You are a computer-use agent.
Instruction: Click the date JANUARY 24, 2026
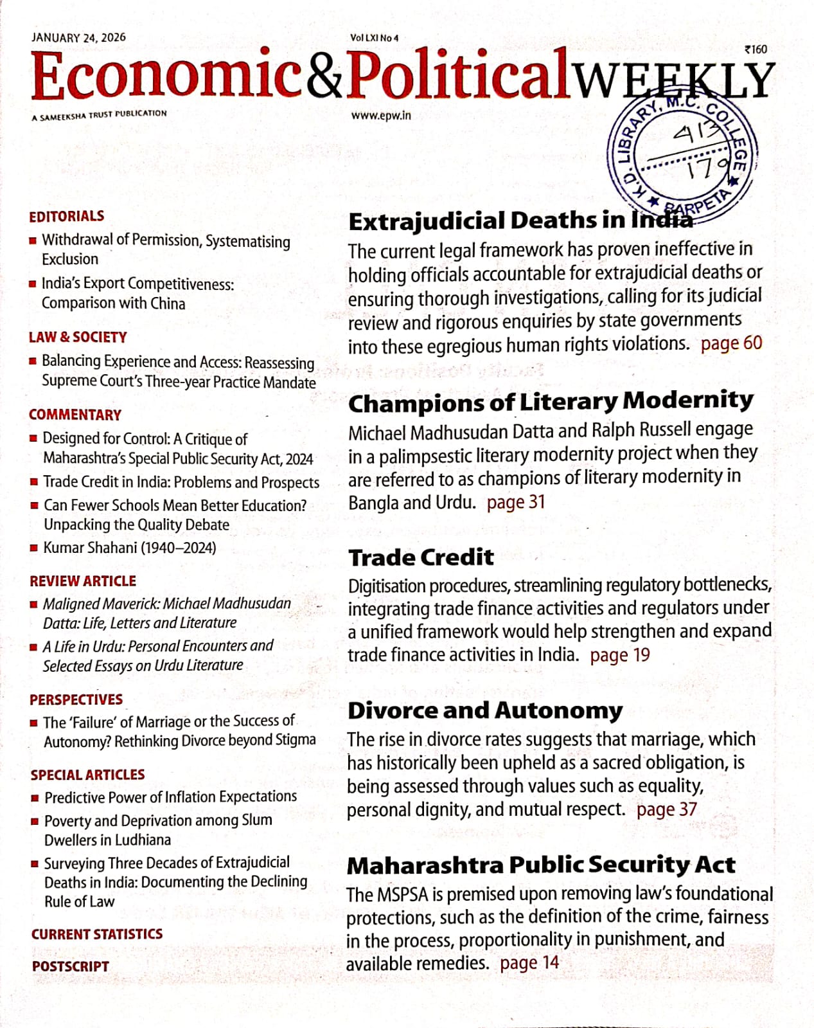click(78, 37)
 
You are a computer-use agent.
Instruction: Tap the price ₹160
click(756, 50)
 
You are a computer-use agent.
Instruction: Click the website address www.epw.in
click(381, 116)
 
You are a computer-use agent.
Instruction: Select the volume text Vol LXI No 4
click(374, 38)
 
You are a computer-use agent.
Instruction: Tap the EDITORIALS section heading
click(66, 216)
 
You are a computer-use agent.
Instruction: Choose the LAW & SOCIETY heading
click(78, 337)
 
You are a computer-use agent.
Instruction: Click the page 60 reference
click(731, 343)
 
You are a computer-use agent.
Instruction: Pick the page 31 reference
click(516, 502)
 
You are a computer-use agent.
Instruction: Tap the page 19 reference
click(620, 655)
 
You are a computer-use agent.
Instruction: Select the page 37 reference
click(666, 809)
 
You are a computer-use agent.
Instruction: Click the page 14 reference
click(529, 963)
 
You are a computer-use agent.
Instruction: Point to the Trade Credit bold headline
click(421, 557)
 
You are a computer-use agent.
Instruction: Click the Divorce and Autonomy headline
click(485, 710)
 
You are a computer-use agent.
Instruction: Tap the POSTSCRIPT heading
click(71, 966)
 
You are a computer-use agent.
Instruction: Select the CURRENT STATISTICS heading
click(97, 934)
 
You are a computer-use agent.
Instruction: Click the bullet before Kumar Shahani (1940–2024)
click(34, 548)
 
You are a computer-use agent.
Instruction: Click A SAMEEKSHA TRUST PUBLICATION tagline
click(99, 115)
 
